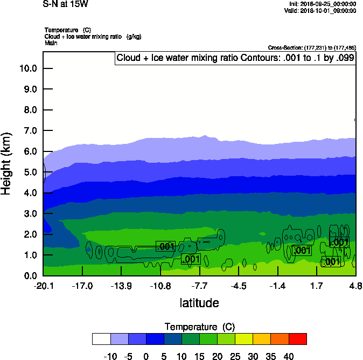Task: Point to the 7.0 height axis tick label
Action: click(x=30, y=130)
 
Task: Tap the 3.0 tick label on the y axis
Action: click(x=30, y=213)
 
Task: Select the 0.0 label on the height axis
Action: click(x=30, y=275)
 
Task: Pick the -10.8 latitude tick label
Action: click(x=160, y=286)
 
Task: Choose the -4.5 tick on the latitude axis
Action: click(x=239, y=286)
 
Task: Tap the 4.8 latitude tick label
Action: click(x=355, y=286)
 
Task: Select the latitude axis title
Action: click(x=199, y=303)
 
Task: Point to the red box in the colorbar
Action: click(x=297, y=338)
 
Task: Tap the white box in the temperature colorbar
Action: click(x=101, y=338)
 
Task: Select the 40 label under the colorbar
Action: click(x=288, y=356)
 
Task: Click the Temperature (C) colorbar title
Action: click(x=199, y=327)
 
